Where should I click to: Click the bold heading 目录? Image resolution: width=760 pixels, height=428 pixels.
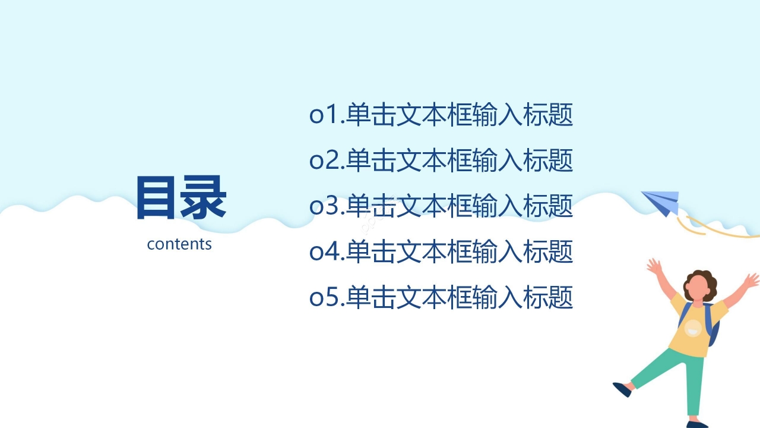click(180, 198)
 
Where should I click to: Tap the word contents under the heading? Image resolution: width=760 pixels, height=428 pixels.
click(179, 244)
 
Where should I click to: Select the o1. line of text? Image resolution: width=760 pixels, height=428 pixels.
click(441, 115)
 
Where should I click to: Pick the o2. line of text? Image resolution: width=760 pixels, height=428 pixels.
click(441, 160)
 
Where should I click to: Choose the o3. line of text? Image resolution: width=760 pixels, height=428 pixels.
click(441, 206)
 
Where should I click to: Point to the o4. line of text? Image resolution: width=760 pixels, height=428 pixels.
click(441, 252)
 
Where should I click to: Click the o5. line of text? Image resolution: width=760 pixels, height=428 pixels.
click(441, 297)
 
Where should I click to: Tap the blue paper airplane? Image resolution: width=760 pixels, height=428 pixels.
click(662, 201)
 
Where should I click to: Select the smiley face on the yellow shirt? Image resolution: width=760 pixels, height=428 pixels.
click(693, 328)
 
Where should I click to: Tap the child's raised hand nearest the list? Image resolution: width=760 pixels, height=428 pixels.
click(654, 266)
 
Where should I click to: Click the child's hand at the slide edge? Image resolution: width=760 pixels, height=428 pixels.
click(752, 279)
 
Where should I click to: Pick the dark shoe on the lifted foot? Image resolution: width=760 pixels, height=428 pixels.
click(621, 389)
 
